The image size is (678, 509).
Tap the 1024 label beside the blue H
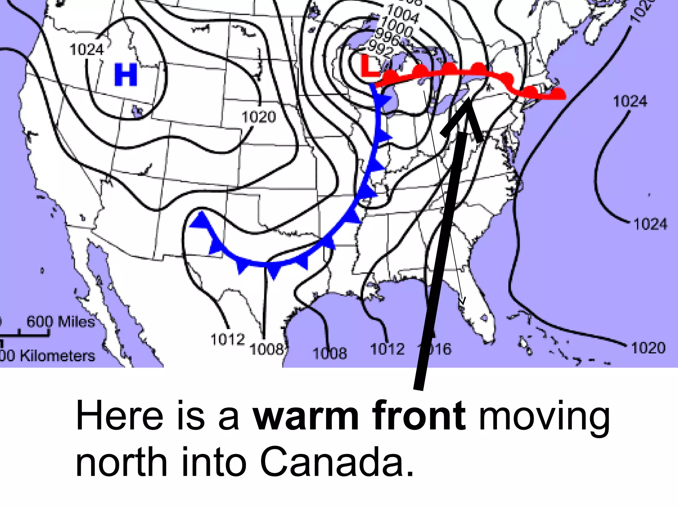[x=87, y=50]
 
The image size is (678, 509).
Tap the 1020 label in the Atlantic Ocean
[x=648, y=348]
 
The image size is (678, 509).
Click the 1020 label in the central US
[x=259, y=117]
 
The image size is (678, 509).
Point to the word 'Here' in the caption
[x=120, y=415]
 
